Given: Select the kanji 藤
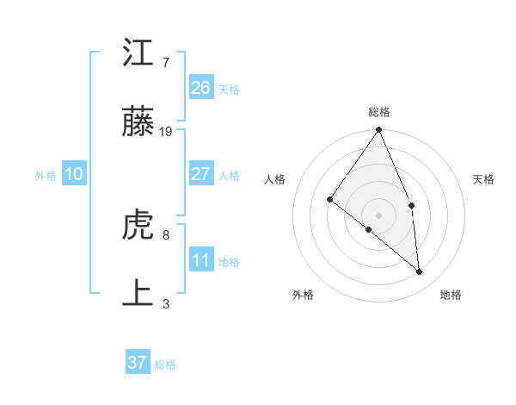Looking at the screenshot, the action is pos(138,123).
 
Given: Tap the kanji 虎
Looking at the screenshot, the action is pos(138,226).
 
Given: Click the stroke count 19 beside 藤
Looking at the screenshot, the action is pos(166,132).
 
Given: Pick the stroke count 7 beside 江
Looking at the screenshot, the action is pos(165,62).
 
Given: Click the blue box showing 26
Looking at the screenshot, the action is pos(200,88).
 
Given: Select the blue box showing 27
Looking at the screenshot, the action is pos(200,174).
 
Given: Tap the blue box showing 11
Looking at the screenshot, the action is pos(200,260).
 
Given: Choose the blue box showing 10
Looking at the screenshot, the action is pos(73,174).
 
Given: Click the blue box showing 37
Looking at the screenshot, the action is pos(137,363).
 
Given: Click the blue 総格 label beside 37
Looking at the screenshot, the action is pos(165,364).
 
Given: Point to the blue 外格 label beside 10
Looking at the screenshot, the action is pos(46,176).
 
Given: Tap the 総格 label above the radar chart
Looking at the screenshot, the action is pos(379,112).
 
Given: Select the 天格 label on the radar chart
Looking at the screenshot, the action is pos(484,179).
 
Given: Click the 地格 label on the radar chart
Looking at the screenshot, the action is pos(451,295).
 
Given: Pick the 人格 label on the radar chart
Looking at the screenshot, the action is pos(274,179).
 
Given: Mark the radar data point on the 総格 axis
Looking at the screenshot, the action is pos(378,130).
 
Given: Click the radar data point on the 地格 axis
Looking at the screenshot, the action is pos(419,271).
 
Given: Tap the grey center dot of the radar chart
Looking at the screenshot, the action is pos(378,214).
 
